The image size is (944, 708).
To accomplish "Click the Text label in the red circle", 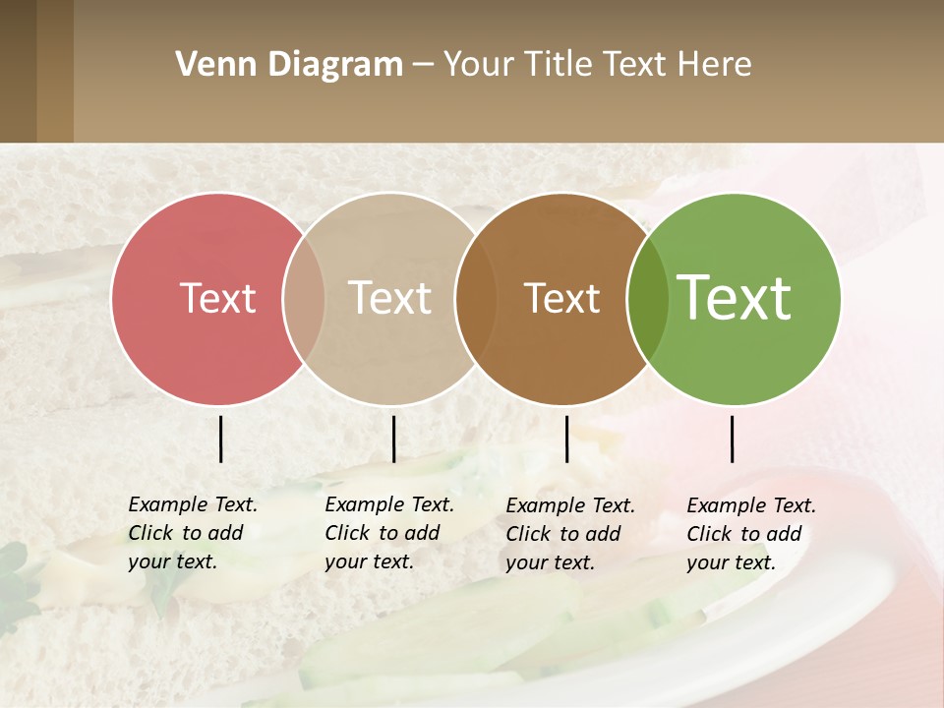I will tap(217, 298).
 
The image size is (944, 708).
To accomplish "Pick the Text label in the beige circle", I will tap(390, 298).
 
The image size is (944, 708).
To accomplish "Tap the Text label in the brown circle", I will tap(561, 298).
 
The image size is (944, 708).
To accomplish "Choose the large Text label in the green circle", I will tap(735, 298).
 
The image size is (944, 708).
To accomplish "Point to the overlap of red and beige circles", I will tap(304, 298).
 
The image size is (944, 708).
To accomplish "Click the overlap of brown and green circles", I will tap(647, 298).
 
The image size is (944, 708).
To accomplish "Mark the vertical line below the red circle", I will tap(220, 439).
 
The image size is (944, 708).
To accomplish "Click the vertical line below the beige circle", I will tap(393, 439).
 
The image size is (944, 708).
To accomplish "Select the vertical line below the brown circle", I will tap(566, 439).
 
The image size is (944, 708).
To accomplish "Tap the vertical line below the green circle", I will tap(732, 439).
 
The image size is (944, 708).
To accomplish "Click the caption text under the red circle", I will tap(192, 533).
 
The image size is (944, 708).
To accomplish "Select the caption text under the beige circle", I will tap(388, 533).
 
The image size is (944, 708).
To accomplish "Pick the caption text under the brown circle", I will tap(569, 534).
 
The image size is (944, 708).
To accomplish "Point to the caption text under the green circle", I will tap(750, 534).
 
